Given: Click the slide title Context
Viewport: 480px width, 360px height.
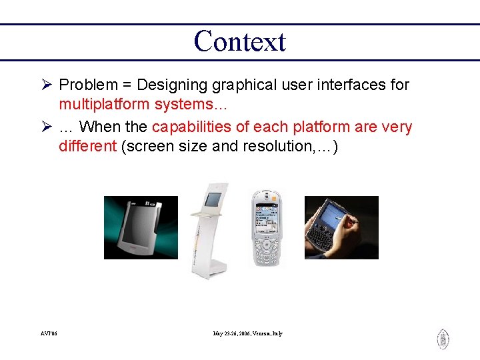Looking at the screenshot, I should point(239,41).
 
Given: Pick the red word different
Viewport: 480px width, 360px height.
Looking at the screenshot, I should point(87,147).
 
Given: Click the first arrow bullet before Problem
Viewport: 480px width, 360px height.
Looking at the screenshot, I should point(47,85).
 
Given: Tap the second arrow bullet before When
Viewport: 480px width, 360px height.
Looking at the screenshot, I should point(47,127).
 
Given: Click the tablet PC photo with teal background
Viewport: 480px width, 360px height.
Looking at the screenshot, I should point(141,227).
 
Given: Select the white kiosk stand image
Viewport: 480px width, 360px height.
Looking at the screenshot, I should point(209,230).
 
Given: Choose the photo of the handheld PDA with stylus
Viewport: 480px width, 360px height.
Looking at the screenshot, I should point(341,227).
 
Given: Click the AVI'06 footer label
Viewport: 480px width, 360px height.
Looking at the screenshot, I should point(48,333).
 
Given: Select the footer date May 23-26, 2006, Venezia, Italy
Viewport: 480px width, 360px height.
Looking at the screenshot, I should point(247,333).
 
